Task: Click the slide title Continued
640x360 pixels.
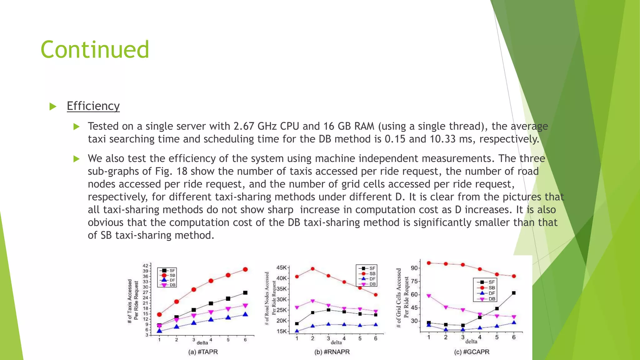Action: coord(95,50)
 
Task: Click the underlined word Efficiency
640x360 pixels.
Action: coord(93,106)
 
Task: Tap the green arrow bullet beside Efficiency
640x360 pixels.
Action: coord(53,107)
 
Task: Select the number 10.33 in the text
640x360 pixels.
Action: coord(442,139)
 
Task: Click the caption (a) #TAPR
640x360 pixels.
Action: coord(203,352)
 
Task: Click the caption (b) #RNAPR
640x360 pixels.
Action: coord(332,352)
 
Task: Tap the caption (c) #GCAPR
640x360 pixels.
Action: coord(472,352)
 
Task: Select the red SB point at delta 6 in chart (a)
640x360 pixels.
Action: coord(245,269)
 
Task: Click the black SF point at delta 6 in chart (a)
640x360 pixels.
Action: coord(245,293)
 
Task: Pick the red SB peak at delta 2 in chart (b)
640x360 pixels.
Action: coord(312,269)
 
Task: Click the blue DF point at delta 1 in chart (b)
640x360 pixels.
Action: coord(297,331)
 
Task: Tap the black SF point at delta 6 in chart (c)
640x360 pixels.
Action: coord(514,293)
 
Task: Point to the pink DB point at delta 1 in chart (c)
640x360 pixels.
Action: coord(429,296)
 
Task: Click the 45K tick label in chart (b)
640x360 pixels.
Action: coord(281,268)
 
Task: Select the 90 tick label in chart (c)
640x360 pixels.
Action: coord(414,268)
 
